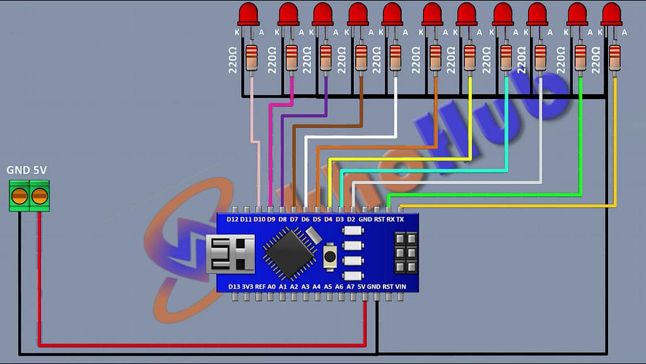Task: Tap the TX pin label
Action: pyautogui.click(x=400, y=219)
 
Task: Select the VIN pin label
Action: pyautogui.click(x=400, y=286)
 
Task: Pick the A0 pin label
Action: pyautogui.click(x=271, y=286)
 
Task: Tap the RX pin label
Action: pyautogui.click(x=391, y=219)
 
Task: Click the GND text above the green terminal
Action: pyautogui.click(x=16, y=171)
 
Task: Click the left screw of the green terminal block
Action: pyautogui.click(x=20, y=195)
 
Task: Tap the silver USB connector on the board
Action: pyautogui.click(x=230, y=253)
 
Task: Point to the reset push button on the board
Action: pyautogui.click(x=329, y=256)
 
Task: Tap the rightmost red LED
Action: pyautogui.click(x=611, y=14)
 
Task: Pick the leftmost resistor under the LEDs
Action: pyautogui.click(x=251, y=58)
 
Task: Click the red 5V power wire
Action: pyautogui.click(x=189, y=345)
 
